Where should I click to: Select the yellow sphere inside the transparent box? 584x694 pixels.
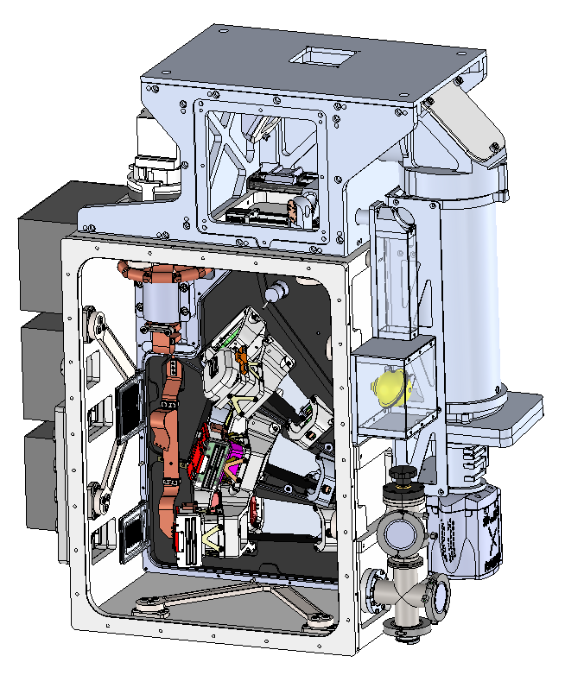coord(391,385)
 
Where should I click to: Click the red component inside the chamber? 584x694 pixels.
coord(207,449)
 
